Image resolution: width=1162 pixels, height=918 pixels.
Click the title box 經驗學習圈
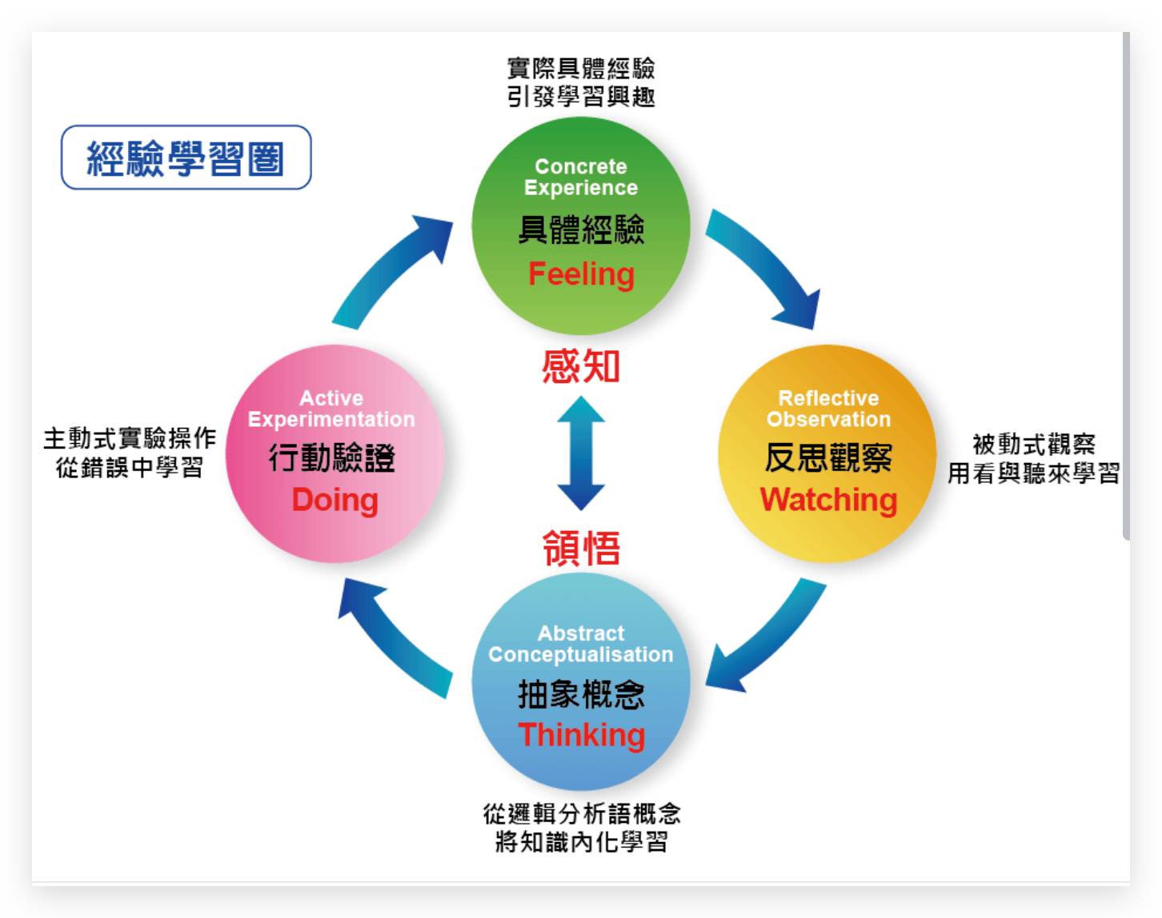[186, 158]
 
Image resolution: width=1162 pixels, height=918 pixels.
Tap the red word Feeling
[581, 274]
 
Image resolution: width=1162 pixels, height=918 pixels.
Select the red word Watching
[828, 500]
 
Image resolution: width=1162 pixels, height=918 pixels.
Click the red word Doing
[335, 501]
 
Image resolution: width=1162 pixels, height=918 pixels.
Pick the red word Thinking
[581, 735]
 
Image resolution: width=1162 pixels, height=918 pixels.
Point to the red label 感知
[581, 367]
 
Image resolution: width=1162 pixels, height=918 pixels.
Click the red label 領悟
[581, 549]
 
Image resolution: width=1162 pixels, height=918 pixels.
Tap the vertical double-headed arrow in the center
[581, 453]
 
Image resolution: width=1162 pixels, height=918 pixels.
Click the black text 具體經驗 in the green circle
[581, 230]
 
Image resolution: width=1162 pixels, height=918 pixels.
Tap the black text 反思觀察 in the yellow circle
[828, 458]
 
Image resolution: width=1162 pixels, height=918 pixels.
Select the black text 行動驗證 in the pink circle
[332, 458]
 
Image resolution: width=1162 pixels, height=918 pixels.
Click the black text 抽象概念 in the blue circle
[581, 694]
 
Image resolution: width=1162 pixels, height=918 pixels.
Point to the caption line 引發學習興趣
[581, 97]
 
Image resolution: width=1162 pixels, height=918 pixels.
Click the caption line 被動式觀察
[1033, 444]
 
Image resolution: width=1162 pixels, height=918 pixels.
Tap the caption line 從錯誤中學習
[130, 468]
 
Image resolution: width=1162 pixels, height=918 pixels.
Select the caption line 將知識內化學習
[581, 842]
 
